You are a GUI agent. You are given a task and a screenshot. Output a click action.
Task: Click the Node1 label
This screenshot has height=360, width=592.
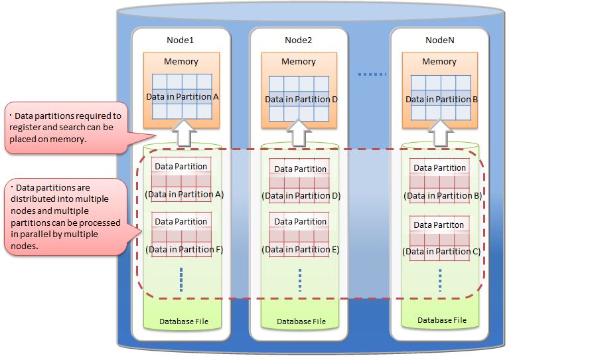(x=181, y=40)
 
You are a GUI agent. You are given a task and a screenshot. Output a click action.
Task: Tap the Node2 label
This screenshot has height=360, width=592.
(x=299, y=40)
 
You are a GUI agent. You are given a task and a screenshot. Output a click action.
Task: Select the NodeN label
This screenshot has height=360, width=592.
(x=439, y=40)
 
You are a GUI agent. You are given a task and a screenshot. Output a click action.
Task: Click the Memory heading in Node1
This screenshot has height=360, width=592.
(x=181, y=62)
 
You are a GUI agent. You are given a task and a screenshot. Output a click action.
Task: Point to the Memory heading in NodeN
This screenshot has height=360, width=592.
(x=439, y=62)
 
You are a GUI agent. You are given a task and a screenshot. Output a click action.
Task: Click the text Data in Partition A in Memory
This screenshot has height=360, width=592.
(x=183, y=97)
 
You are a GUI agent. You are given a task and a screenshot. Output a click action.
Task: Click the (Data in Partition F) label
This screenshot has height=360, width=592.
(x=184, y=250)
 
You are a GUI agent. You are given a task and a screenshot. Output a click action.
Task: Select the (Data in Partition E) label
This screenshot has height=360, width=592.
(x=301, y=250)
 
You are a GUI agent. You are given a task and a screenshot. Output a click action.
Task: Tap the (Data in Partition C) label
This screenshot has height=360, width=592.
(x=441, y=252)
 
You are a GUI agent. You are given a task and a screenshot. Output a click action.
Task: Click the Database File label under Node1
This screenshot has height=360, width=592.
(x=184, y=322)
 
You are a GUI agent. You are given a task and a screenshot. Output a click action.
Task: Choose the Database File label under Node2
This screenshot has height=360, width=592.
(x=301, y=322)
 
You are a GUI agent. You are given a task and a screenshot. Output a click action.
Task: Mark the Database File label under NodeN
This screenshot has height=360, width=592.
(x=442, y=320)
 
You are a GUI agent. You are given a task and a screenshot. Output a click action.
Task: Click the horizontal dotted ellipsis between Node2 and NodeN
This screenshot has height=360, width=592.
(x=372, y=74)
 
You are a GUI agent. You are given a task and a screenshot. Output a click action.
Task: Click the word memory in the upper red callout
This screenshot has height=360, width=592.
(x=71, y=139)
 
